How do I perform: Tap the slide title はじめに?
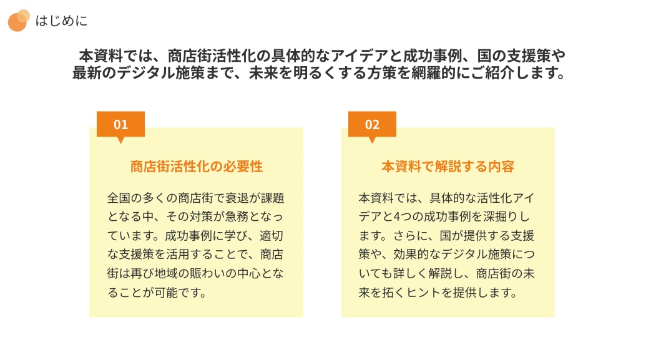point(61,21)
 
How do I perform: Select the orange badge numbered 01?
point(120,124)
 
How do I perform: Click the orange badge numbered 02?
point(372,124)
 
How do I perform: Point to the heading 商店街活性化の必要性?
point(197,167)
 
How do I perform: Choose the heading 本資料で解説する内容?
point(448,167)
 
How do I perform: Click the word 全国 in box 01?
point(119,198)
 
